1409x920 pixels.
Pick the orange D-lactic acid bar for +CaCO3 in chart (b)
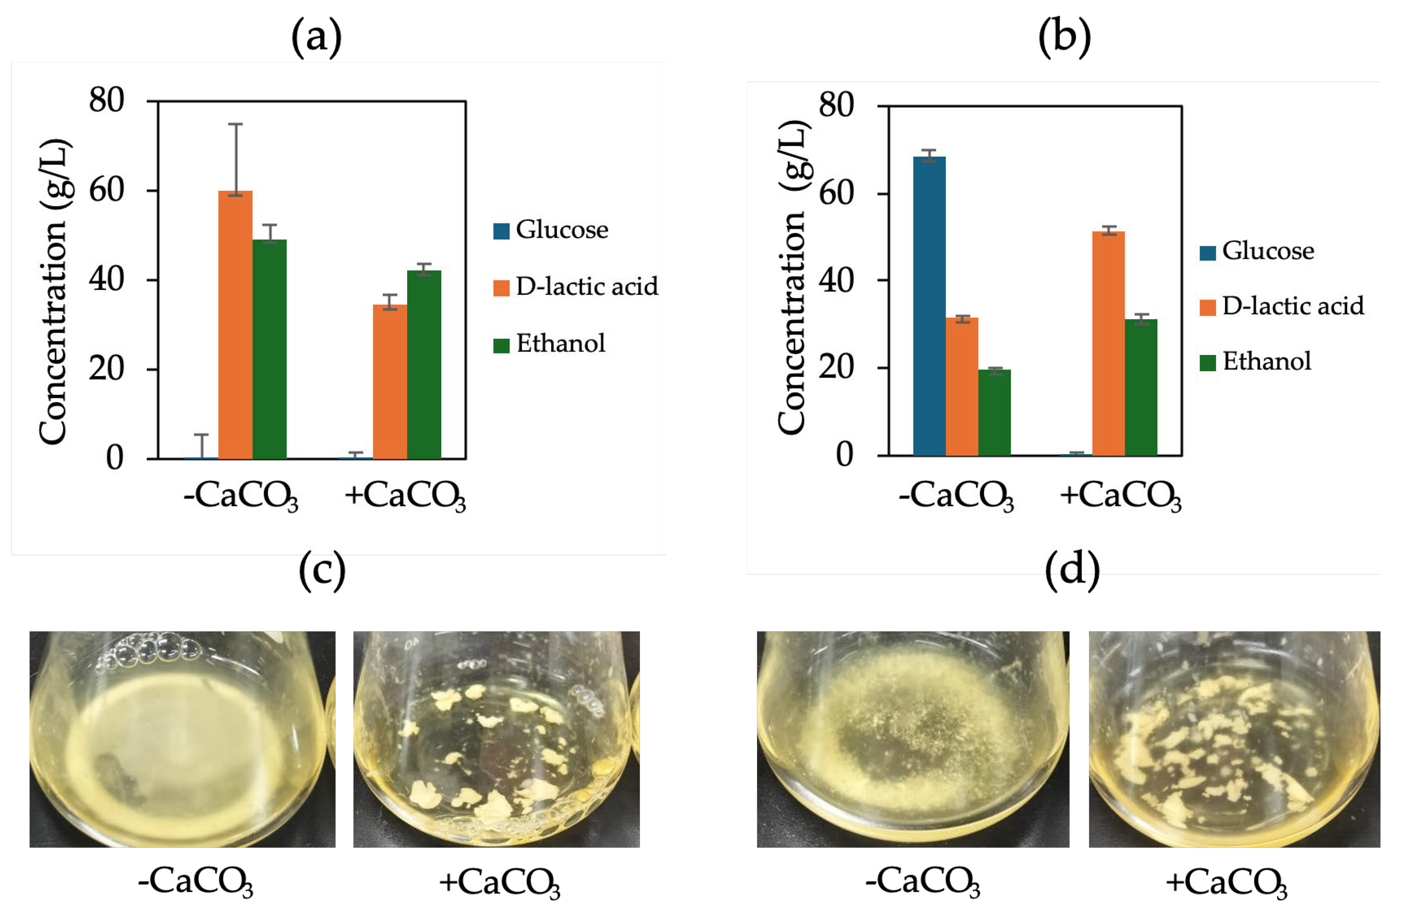(x=1108, y=344)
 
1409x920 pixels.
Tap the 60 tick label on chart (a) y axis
(x=106, y=191)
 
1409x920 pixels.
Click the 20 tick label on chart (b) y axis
(x=836, y=367)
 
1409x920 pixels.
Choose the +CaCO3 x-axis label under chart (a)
(x=406, y=496)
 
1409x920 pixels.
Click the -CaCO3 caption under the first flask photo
(x=195, y=882)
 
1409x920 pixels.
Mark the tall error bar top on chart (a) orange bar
(x=236, y=124)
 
